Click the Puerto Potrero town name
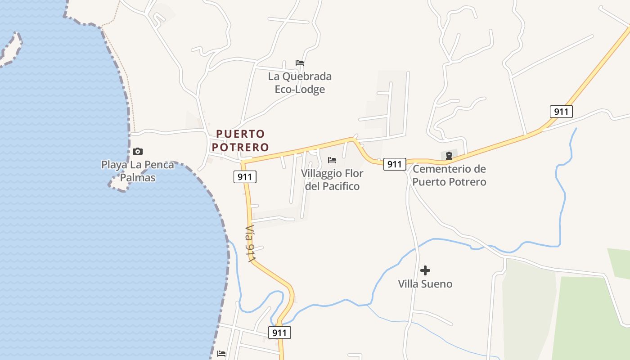coord(240,140)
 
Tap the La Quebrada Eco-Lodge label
coord(300,83)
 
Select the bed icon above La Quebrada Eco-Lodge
coord(300,63)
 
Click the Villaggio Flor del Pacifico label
coord(332,180)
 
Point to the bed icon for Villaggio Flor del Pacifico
coord(332,160)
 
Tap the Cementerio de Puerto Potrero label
coord(449,175)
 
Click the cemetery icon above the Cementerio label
coord(449,156)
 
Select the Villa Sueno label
coord(425,284)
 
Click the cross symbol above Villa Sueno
coord(425,270)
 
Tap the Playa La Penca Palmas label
coord(137,171)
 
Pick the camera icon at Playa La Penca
coord(138,151)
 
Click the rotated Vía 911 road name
coord(251,243)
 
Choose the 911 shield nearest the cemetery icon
coord(394,164)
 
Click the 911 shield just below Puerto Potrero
coord(245,177)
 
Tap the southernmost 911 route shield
coord(279,333)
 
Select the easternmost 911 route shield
coord(561,111)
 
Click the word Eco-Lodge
coord(300,90)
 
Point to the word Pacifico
coord(332,186)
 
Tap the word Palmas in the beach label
coord(137,178)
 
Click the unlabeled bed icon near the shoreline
coord(221,354)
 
